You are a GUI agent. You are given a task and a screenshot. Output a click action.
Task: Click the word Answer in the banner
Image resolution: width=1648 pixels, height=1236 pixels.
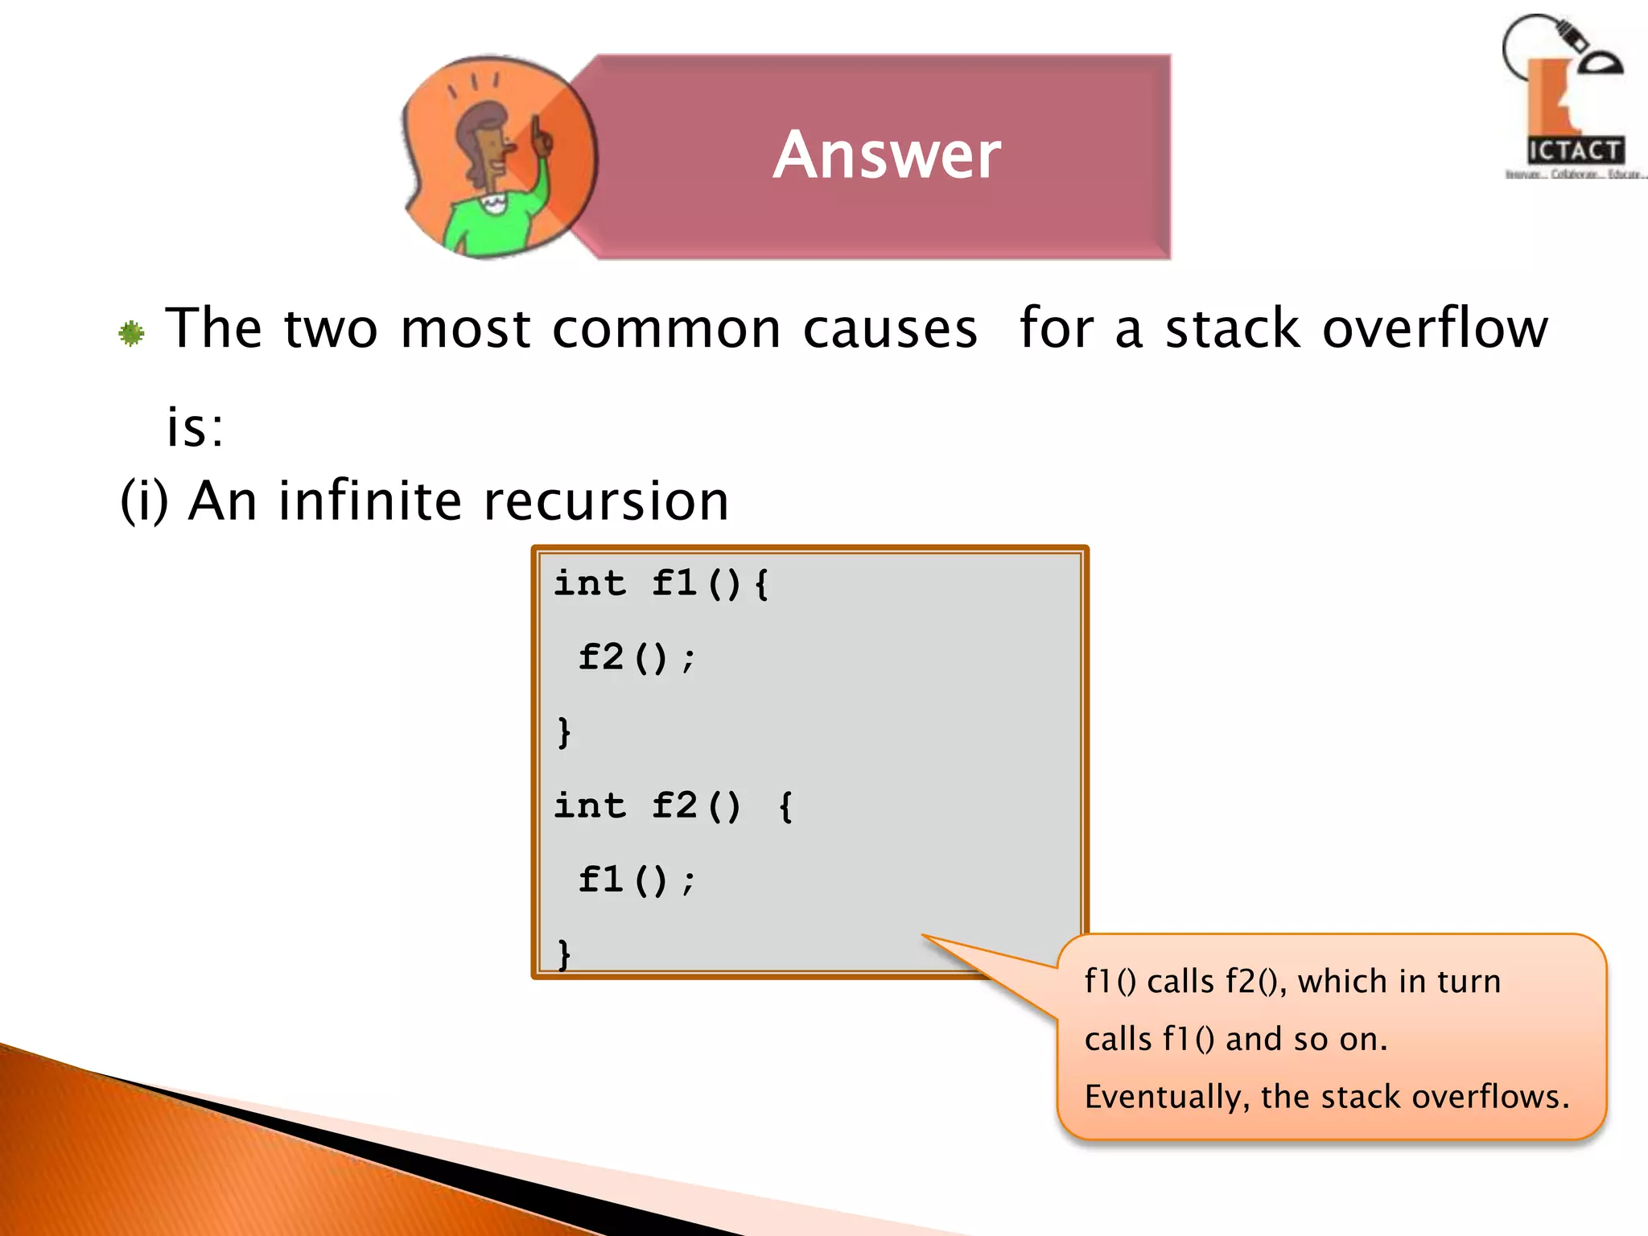887,155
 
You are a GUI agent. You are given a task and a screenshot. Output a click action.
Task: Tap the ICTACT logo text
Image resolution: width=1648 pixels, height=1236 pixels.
1575,150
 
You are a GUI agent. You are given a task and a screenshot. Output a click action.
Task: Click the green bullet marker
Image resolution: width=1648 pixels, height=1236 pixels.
131,333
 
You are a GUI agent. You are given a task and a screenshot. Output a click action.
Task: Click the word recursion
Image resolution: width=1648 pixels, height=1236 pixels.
606,501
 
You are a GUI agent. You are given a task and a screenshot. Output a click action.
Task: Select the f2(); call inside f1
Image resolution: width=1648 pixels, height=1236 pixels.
637,657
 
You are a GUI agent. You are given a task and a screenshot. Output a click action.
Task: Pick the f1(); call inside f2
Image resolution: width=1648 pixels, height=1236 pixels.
637,880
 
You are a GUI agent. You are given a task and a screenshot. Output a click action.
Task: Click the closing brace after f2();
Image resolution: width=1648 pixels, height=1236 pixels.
564,731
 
